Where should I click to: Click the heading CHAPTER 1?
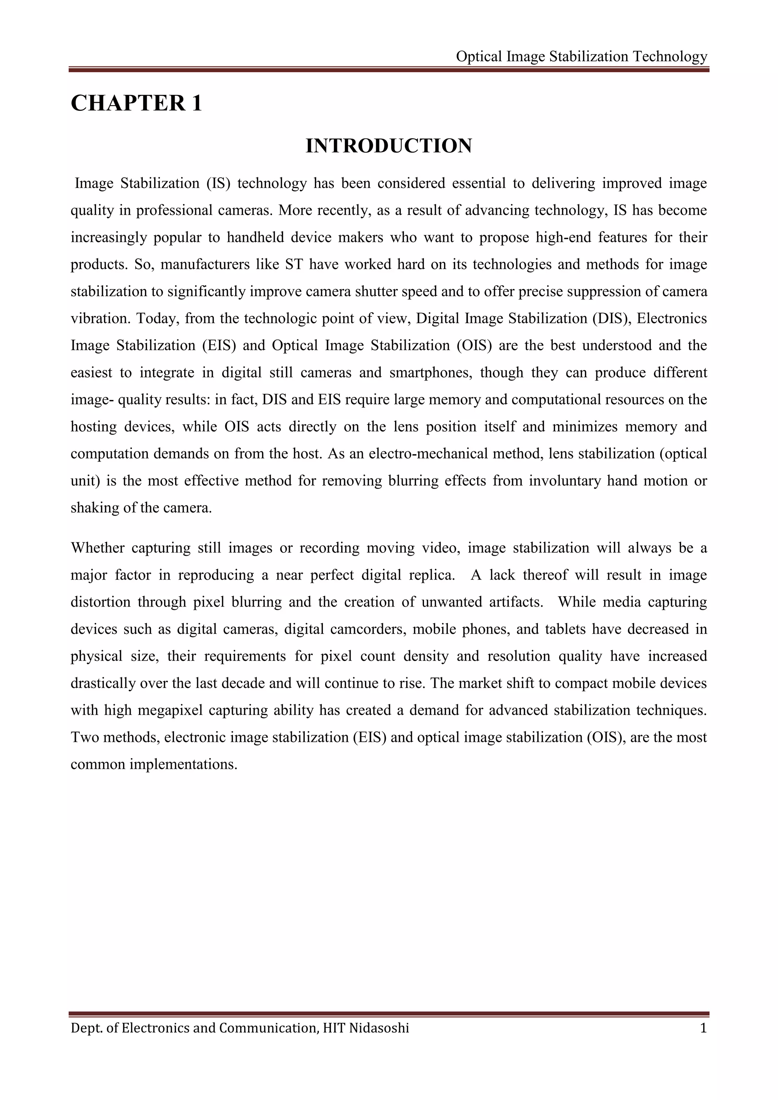coord(136,103)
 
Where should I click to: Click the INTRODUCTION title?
coord(389,145)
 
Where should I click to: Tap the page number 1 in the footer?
coord(703,1028)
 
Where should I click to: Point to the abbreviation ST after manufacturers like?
coord(294,264)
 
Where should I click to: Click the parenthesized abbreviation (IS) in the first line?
coord(218,183)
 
